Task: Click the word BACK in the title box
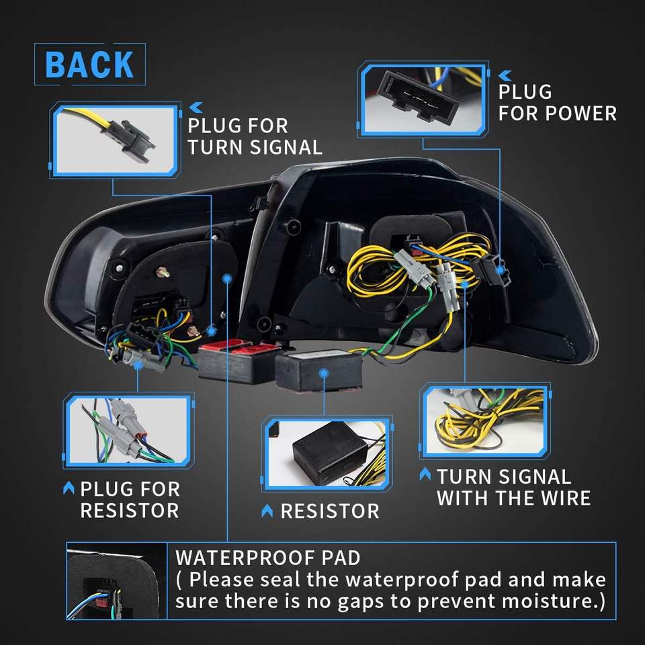coord(89,64)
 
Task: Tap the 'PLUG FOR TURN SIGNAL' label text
coord(255,136)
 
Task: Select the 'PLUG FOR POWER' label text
coord(557,103)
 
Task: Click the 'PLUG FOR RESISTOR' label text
coord(130,500)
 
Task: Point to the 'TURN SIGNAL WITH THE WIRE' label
coord(513,488)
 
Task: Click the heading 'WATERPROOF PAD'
coord(268,558)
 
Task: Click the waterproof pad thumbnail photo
coord(117,581)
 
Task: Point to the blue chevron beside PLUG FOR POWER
coord(505,75)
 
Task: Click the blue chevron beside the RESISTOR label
coord(267,511)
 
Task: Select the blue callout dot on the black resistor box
coord(324,373)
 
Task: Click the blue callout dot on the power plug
coord(500,270)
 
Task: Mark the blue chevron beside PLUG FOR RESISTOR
coord(69,488)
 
